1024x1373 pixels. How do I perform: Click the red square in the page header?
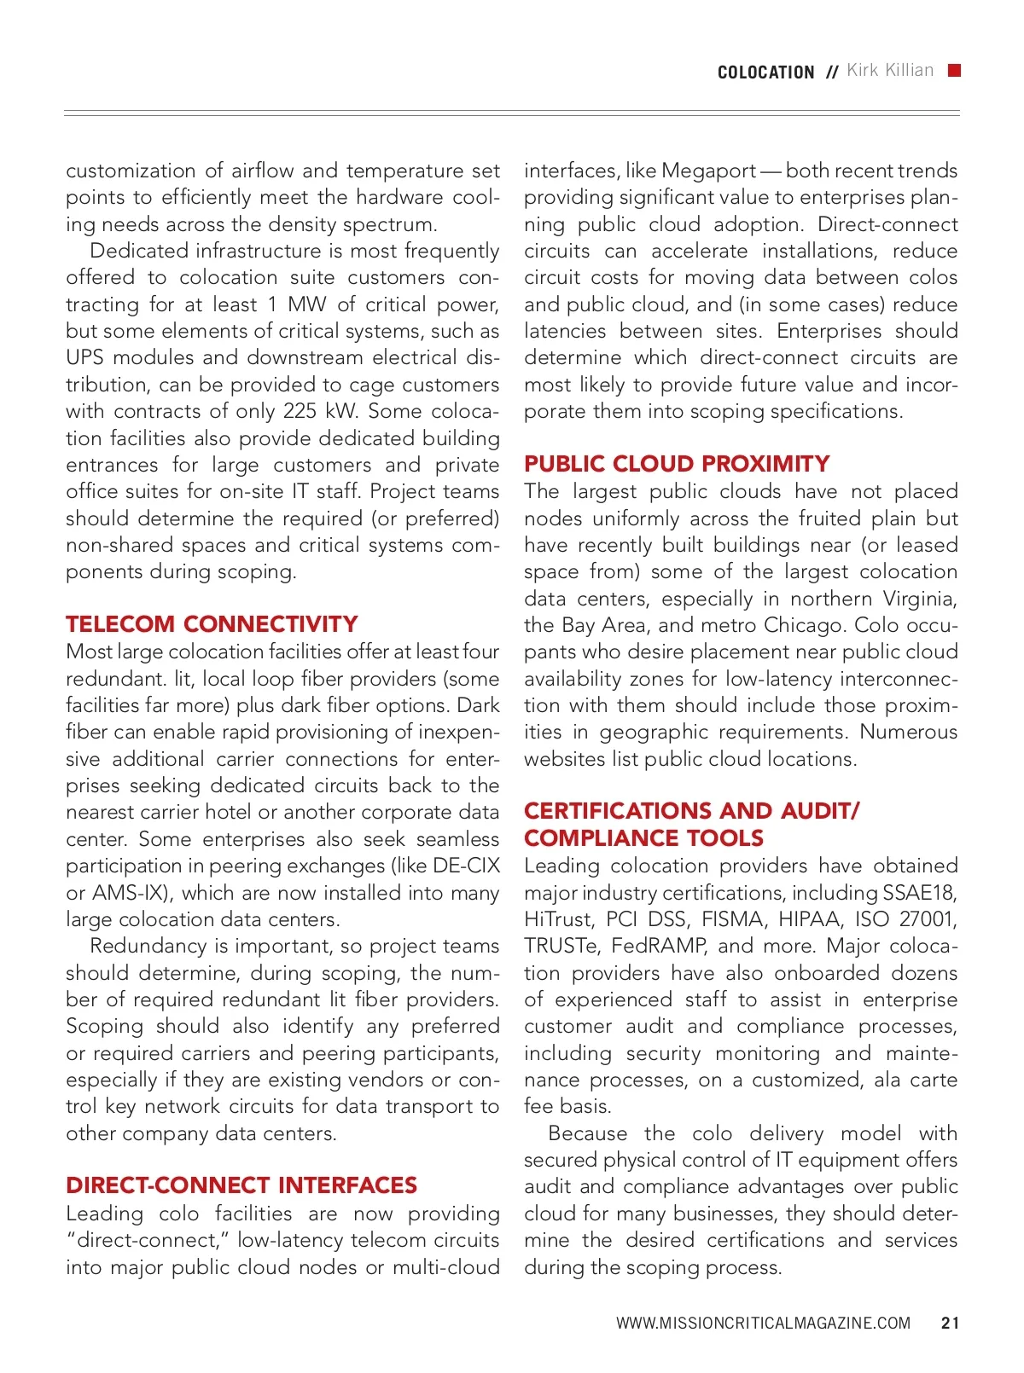point(954,71)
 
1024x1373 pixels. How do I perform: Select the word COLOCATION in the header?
point(765,72)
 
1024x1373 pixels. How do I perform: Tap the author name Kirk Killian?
point(890,71)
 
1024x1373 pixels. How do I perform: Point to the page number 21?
point(950,1323)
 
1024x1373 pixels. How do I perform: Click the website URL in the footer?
point(763,1323)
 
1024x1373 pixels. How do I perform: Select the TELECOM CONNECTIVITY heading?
point(212,624)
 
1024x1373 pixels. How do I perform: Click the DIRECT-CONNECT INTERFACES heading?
point(241,1185)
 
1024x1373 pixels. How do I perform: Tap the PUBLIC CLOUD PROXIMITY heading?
point(677,464)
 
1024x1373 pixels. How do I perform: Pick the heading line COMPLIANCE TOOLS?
point(643,837)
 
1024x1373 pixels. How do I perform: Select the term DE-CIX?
point(466,866)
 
